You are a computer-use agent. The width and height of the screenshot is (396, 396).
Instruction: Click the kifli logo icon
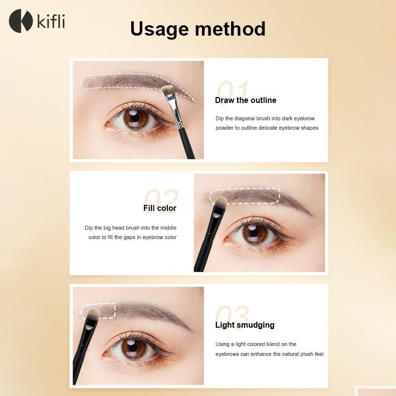tap(21, 21)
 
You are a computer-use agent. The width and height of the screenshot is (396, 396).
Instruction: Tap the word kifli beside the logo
tap(51, 21)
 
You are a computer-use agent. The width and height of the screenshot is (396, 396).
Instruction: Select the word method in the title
tap(230, 29)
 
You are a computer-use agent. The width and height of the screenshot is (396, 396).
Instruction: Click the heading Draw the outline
tap(246, 100)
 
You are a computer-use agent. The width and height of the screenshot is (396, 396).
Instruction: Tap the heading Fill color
tap(160, 208)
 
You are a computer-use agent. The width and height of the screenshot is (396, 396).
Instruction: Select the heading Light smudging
tap(245, 325)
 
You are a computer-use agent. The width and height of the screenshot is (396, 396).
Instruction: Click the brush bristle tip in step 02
tap(220, 201)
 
